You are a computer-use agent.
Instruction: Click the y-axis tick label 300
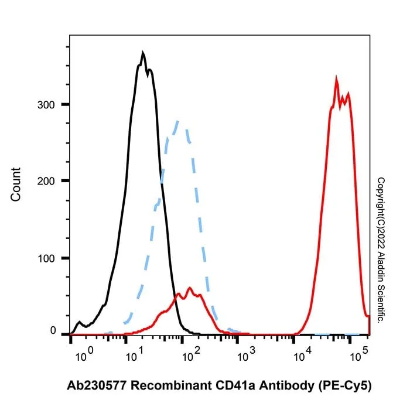(46, 105)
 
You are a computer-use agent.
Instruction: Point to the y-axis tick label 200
(46, 181)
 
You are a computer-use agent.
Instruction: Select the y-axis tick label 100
(46, 259)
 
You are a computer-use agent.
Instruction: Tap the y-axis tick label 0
(53, 331)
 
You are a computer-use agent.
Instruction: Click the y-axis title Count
(16, 184)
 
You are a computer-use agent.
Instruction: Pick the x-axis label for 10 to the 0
(84, 355)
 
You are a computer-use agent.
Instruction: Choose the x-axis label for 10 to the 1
(135, 355)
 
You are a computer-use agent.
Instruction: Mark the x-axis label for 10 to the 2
(191, 355)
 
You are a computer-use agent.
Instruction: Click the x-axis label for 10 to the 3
(247, 355)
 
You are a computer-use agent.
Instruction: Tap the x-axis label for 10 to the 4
(303, 355)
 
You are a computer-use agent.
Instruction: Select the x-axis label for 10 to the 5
(359, 355)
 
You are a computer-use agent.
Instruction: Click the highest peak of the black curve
(142, 52)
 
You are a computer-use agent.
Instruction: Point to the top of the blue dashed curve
(177, 121)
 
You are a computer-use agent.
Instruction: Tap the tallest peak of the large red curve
(336, 77)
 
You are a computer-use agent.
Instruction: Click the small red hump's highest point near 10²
(190, 288)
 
